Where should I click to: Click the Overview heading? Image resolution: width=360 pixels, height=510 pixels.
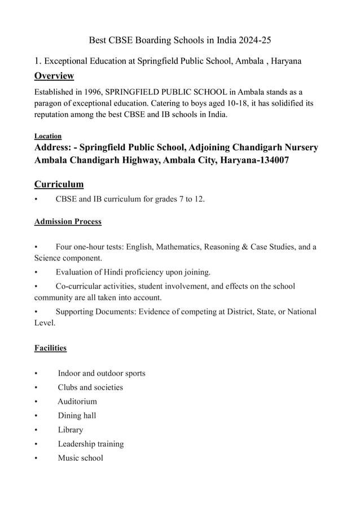coord(54,76)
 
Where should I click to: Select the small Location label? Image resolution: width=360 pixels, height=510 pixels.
coord(48,136)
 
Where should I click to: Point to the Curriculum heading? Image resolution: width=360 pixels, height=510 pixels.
coord(59,184)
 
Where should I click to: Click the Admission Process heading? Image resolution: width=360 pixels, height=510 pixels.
coord(68,221)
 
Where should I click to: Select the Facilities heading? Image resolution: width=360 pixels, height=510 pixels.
coord(50,348)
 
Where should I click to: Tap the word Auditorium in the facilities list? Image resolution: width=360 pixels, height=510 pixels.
coord(77,402)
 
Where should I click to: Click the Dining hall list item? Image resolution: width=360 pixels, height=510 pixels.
coord(77,416)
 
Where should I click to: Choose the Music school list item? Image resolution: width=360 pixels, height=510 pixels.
coord(80,458)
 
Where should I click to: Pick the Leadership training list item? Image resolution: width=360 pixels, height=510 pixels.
coord(90,444)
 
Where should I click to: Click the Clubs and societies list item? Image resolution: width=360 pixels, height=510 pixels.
coord(90,387)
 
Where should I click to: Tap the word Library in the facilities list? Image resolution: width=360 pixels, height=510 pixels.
coord(70,430)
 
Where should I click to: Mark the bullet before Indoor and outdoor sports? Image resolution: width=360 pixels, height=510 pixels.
coord(36,373)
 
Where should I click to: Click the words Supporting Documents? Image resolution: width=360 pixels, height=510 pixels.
coord(93,312)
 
